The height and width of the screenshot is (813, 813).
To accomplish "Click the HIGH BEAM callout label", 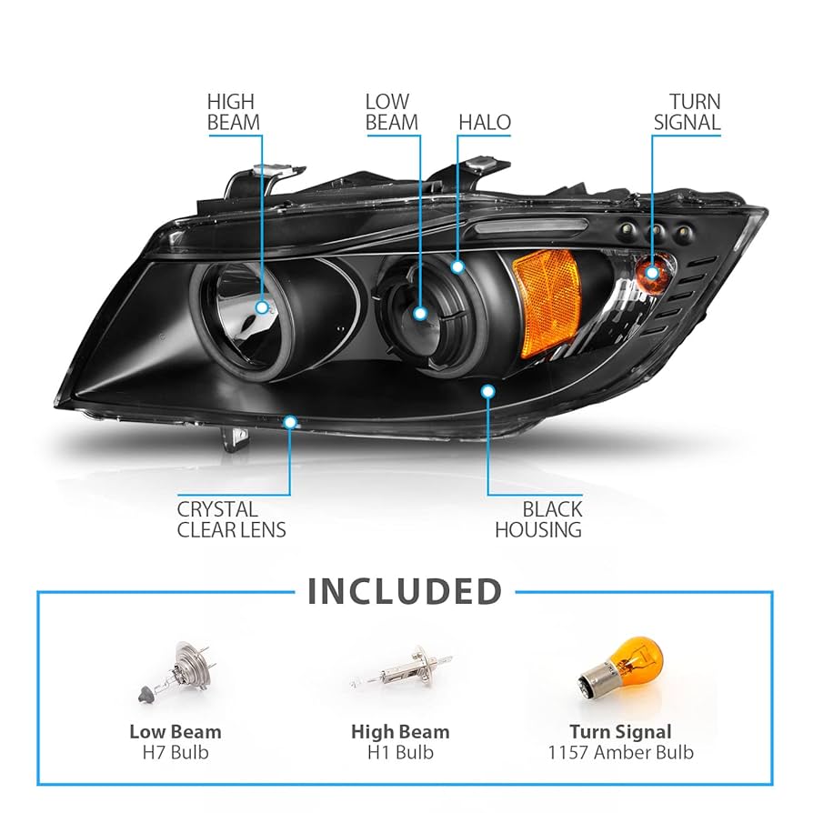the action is click(x=233, y=112).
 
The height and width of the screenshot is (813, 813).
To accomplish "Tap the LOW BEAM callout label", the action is click(x=392, y=112).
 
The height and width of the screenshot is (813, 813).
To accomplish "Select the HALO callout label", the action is click(x=484, y=122).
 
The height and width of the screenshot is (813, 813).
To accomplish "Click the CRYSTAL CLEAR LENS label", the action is click(x=231, y=519).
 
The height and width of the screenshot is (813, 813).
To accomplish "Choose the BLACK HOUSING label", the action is click(x=538, y=519).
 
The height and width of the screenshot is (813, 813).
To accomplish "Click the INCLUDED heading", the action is click(x=405, y=592).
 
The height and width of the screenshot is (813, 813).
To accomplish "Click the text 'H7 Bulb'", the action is click(x=176, y=752).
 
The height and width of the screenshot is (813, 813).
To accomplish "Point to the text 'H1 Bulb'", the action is click(x=400, y=752).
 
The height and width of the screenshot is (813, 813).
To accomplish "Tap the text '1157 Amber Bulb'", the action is click(x=620, y=752).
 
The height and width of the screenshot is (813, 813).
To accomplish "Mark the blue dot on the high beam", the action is click(x=262, y=307).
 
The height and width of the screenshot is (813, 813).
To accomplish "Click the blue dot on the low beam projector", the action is click(x=420, y=313).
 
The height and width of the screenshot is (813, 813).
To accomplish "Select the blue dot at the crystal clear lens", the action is click(x=291, y=422).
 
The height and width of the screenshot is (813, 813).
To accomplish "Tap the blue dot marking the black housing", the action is click(x=488, y=392).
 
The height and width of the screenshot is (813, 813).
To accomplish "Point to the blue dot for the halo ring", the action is click(x=458, y=267).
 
